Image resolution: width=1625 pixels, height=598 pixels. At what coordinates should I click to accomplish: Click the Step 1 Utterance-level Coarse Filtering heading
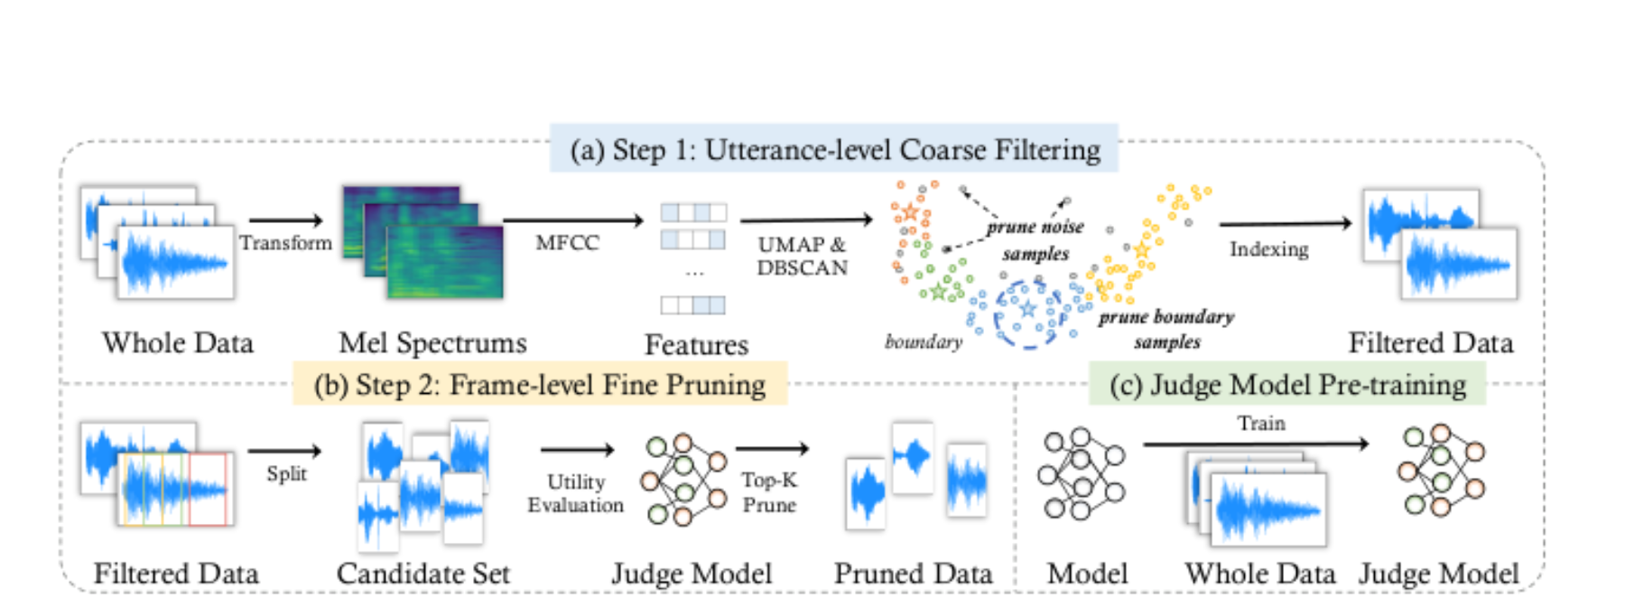coord(835,149)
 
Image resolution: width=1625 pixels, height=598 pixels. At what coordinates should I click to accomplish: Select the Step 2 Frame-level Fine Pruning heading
coord(540,385)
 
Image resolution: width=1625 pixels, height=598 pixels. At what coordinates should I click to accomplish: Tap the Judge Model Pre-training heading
coord(1287,385)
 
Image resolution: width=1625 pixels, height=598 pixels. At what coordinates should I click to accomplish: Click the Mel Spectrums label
coord(432,343)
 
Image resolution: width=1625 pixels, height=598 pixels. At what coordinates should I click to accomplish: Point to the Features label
coord(696,344)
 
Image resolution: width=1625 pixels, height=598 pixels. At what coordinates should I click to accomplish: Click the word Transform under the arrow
coord(285,243)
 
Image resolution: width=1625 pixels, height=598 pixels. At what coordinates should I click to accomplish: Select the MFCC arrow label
coord(567,243)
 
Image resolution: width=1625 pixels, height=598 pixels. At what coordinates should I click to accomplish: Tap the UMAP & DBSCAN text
coord(803,256)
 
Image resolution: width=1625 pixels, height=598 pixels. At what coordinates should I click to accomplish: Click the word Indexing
coord(1268,249)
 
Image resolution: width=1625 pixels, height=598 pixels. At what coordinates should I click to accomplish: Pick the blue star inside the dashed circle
coord(1028,309)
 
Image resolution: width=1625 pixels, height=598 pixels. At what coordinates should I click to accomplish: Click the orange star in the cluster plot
coord(910,212)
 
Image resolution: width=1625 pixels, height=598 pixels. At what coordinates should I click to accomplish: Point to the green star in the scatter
coord(938,292)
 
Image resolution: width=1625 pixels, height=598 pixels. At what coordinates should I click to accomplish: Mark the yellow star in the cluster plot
coord(1142,249)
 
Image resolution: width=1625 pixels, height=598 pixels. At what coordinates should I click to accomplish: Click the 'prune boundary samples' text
coord(1166,330)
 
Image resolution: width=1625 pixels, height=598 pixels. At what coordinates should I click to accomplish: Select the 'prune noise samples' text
coord(1035,240)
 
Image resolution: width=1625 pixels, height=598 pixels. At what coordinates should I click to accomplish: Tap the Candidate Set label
coord(423,574)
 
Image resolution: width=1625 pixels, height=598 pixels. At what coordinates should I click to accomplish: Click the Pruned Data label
coord(913,574)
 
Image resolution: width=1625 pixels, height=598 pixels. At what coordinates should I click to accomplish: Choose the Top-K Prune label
coord(769,492)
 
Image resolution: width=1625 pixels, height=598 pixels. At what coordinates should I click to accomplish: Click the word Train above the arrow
coord(1261,423)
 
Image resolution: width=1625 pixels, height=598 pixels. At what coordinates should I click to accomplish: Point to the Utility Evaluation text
coord(576,493)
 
